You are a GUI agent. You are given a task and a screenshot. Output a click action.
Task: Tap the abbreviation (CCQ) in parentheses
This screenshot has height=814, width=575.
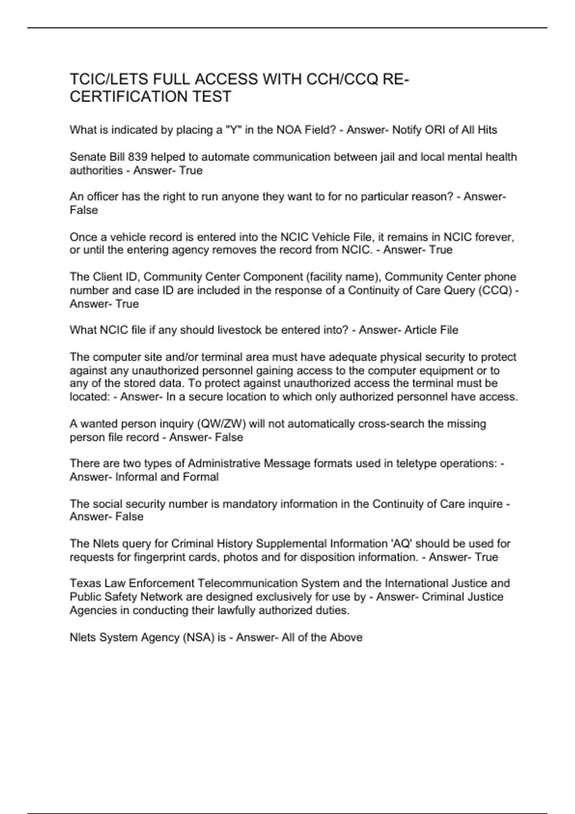coord(495,290)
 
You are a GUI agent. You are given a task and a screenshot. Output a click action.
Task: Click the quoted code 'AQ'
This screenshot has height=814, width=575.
coord(402,543)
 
